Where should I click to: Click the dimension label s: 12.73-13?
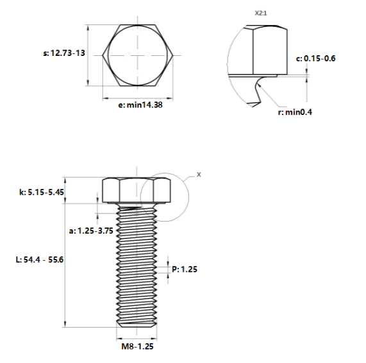64,53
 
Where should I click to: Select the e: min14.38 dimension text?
140,105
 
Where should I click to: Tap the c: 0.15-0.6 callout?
315,58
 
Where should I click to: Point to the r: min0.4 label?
295,112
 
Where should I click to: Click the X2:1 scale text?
261,13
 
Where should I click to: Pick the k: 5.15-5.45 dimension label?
41,192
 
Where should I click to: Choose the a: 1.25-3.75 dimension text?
91,231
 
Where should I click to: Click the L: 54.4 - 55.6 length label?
40,260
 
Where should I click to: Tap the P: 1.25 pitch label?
185,269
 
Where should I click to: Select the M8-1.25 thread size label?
137,346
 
